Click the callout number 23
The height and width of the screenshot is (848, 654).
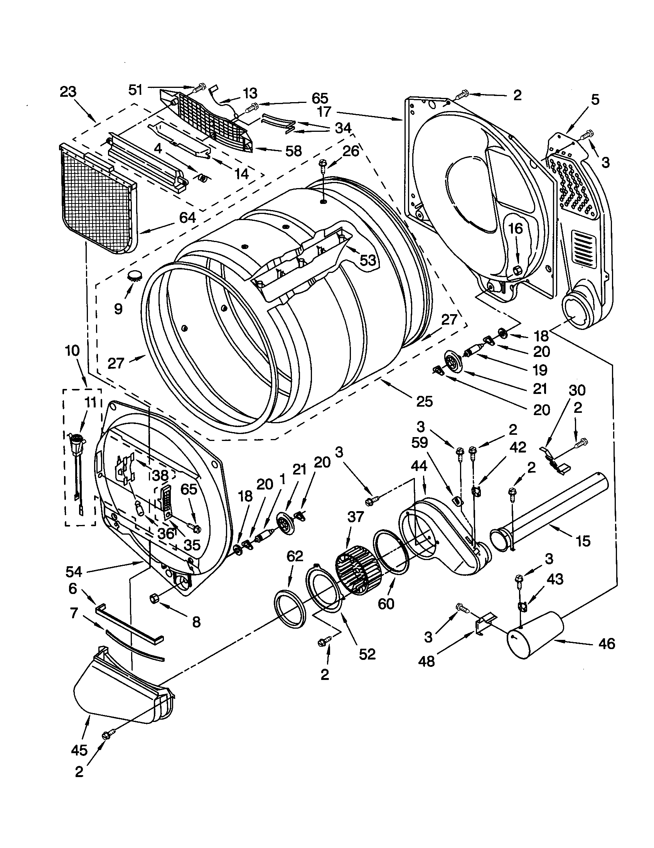coord(68,92)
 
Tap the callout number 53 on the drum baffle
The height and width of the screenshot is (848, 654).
coord(367,260)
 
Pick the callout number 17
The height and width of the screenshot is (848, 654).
coord(324,112)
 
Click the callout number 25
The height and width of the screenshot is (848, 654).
coord(424,402)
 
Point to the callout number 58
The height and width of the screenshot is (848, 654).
coord(293,151)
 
